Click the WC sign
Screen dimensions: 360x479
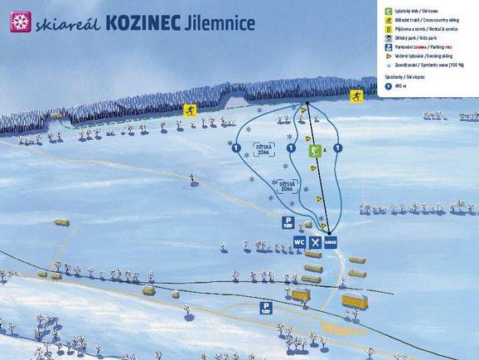click(x=299, y=242)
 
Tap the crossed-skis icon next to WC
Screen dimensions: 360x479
click(x=314, y=242)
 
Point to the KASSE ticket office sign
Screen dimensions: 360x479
click(x=330, y=242)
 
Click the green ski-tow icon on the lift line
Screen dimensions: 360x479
click(x=315, y=150)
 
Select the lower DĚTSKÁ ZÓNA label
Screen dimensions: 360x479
click(x=286, y=187)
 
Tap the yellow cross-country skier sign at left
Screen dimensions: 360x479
click(x=190, y=110)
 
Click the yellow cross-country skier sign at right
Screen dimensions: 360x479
click(x=356, y=97)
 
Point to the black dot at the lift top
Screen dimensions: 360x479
click(x=307, y=103)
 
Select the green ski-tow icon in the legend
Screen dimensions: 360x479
click(x=388, y=10)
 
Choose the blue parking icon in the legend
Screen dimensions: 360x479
click(x=388, y=47)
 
